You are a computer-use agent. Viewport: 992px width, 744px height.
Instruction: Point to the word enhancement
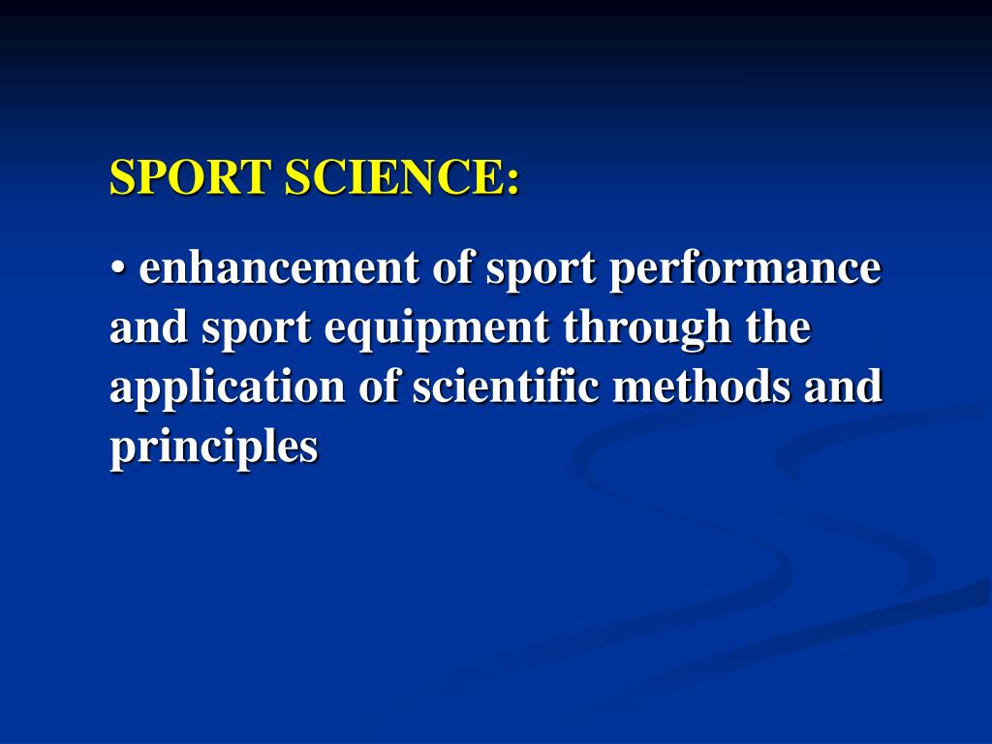(x=279, y=269)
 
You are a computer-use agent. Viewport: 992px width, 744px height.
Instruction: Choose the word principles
(x=214, y=448)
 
